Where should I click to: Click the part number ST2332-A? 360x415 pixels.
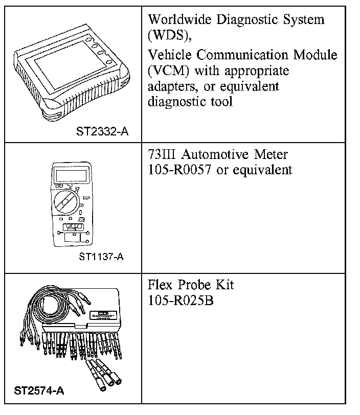pyautogui.click(x=102, y=132)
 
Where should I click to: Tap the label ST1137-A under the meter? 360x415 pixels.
pyautogui.click(x=101, y=257)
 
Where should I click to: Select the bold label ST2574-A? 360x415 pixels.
pyautogui.click(x=39, y=391)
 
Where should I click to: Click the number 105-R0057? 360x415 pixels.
pyautogui.click(x=179, y=170)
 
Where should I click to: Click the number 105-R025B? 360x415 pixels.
pyautogui.click(x=180, y=301)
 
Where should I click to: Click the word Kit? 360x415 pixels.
pyautogui.click(x=226, y=285)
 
